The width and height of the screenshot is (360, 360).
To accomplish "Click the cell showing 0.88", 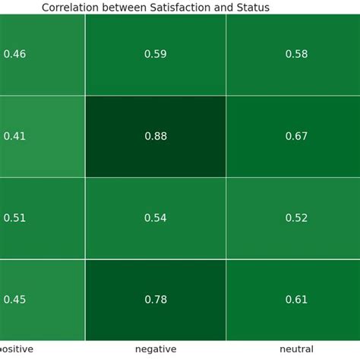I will point(155,136).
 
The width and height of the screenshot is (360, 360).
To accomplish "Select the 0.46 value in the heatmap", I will point(15,54).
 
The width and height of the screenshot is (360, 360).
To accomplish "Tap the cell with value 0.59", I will point(155,54).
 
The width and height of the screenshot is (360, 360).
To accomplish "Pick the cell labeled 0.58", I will point(296,54).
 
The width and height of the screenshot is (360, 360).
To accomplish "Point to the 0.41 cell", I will point(15,136).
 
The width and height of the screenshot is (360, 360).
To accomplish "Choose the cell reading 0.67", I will point(296,136).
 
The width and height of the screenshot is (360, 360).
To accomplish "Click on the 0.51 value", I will point(15,218).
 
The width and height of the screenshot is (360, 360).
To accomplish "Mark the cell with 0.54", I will point(155,218).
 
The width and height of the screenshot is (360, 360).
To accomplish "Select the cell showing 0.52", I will point(296,218).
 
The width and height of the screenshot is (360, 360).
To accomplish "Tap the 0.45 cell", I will point(15,299).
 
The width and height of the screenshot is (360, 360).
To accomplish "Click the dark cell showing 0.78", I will point(155,299).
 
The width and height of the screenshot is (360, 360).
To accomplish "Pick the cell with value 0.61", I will point(296,299).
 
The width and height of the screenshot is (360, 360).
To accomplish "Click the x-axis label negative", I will point(155,349).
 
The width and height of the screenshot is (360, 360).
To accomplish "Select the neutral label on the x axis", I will point(296,349).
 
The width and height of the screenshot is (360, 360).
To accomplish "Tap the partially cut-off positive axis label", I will point(16,349).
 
